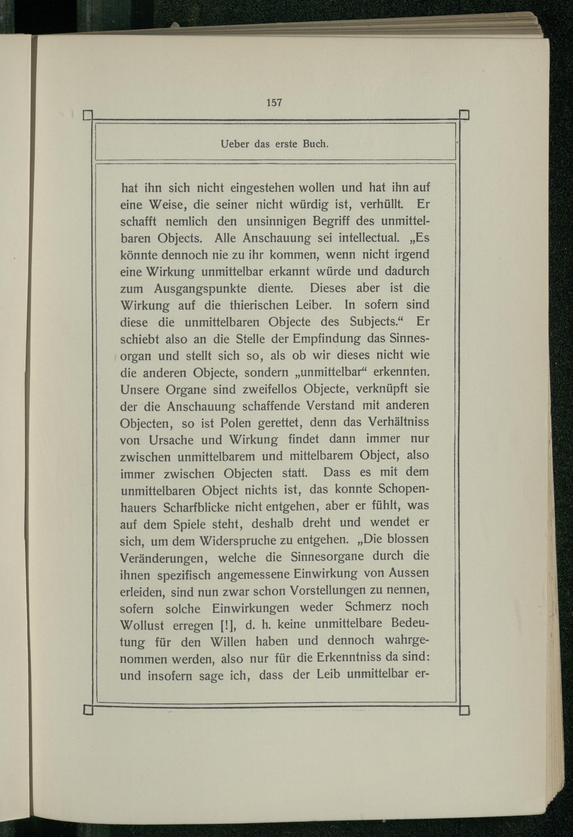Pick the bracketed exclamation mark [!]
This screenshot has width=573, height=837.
(x=227, y=626)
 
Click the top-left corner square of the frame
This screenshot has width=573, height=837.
(x=88, y=116)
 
